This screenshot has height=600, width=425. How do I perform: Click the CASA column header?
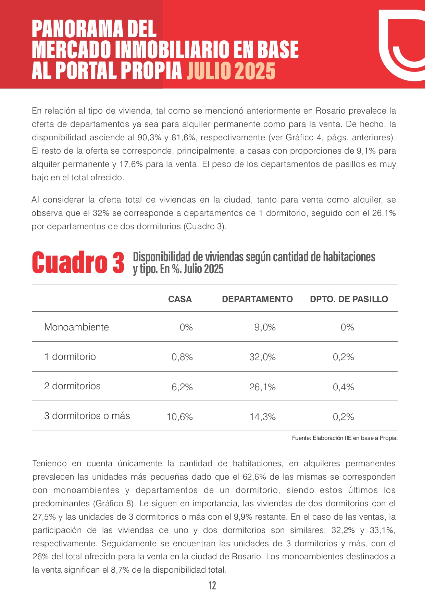tap(180, 299)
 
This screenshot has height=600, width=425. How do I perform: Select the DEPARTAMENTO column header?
tap(257, 299)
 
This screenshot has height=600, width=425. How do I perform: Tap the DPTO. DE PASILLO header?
tap(349, 299)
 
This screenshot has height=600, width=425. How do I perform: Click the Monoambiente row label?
tap(76, 327)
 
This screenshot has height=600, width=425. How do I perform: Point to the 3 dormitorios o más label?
tap(87, 416)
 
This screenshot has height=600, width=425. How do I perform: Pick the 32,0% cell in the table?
tap(262, 357)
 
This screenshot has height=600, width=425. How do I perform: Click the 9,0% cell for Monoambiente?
tap(265, 327)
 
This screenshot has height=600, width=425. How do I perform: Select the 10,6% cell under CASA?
tap(180, 417)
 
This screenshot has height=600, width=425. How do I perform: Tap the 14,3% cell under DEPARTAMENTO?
tap(262, 417)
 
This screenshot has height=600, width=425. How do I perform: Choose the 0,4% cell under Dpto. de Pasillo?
tap(343, 387)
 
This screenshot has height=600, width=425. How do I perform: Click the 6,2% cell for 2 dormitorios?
tap(182, 387)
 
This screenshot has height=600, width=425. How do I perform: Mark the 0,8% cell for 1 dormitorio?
tap(182, 357)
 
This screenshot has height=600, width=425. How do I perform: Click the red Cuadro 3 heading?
tap(78, 263)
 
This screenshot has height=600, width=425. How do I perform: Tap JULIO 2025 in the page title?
tap(231, 71)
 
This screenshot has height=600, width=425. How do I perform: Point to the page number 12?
tap(212, 585)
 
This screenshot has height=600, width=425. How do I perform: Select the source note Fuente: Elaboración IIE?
tap(345, 438)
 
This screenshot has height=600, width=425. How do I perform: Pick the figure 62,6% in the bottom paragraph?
tap(254, 477)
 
